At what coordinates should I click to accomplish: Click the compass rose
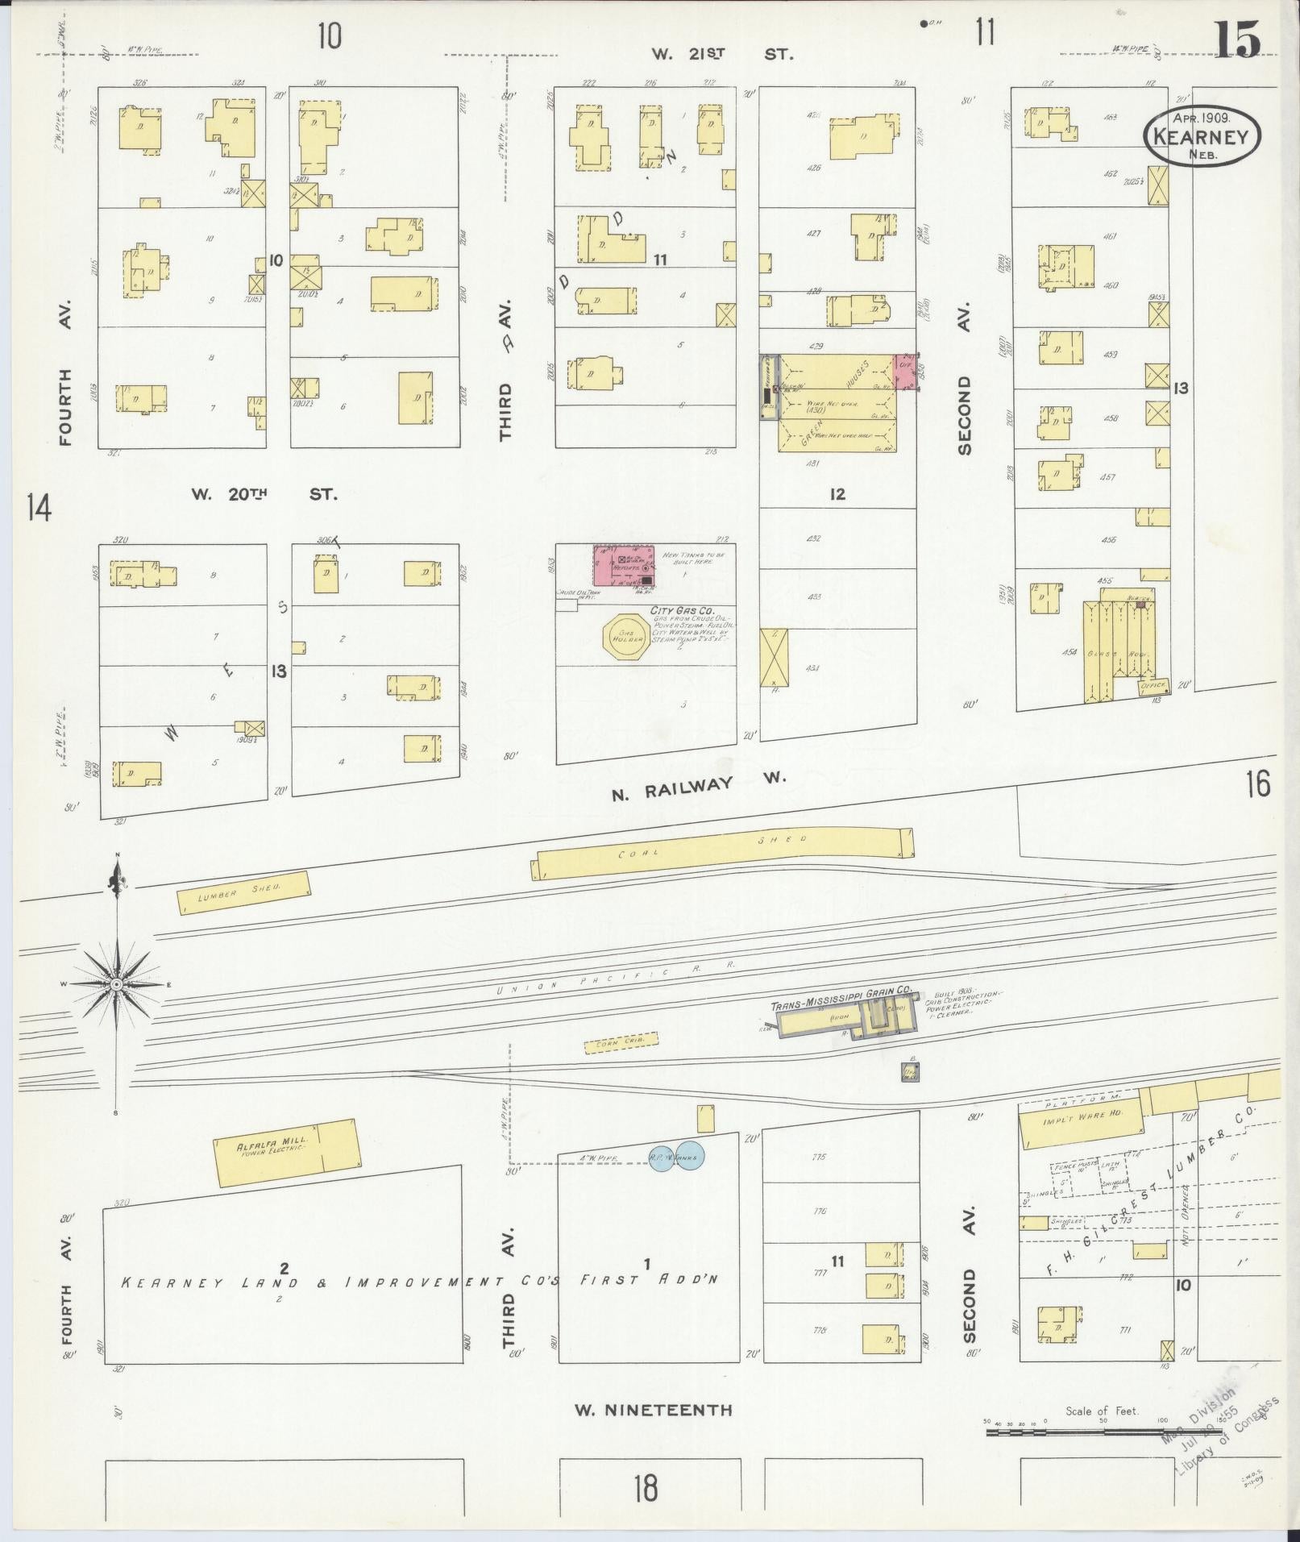[118, 984]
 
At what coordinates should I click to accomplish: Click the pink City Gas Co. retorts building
[624, 566]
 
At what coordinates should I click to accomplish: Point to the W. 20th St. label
[264, 494]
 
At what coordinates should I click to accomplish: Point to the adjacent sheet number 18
[646, 1487]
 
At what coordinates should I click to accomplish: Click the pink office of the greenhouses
[906, 372]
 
